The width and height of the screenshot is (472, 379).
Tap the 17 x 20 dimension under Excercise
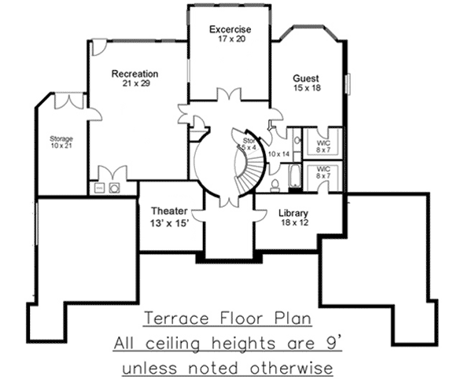(229, 40)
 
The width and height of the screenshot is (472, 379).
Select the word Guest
(305, 79)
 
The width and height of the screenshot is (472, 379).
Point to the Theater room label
(168, 211)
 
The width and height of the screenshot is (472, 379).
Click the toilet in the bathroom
(275, 186)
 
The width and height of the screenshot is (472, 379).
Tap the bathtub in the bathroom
(294, 177)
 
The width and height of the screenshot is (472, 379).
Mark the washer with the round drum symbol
(115, 188)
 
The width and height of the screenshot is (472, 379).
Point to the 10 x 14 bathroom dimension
(279, 154)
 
